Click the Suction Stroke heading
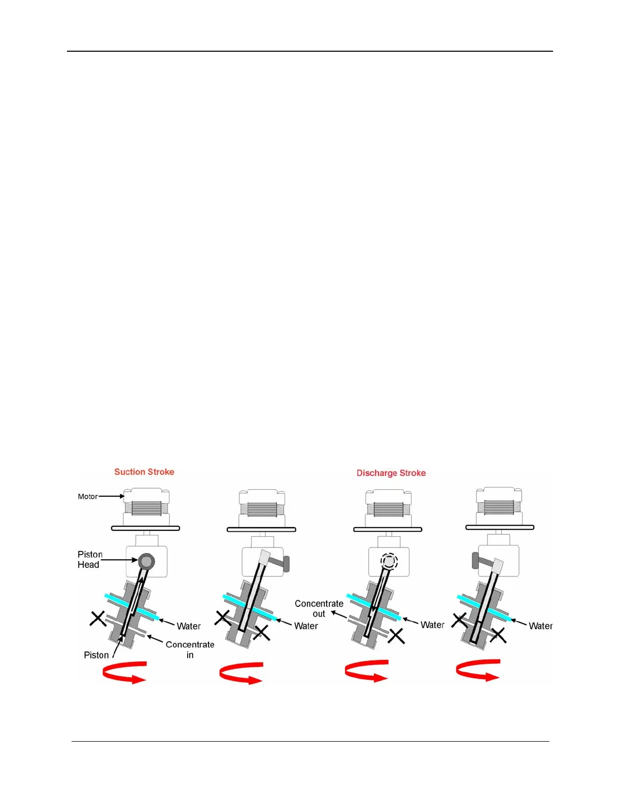tap(144, 472)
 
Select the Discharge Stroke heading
tap(391, 473)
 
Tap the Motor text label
tap(87, 496)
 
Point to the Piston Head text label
tap(90, 560)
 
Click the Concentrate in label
tap(190, 649)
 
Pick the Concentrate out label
tap(319, 608)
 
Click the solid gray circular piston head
tap(146, 561)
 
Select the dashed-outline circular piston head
tap(389, 561)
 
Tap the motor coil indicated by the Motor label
tap(146, 508)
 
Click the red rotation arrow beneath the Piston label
tap(125, 673)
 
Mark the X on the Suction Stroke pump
tap(97, 618)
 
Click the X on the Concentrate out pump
tap(396, 636)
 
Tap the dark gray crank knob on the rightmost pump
tap(475, 560)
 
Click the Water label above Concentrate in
tap(188, 626)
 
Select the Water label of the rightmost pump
tap(540, 626)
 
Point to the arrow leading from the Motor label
tap(111, 496)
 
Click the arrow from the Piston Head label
tap(119, 560)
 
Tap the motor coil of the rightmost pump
tap(499, 507)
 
